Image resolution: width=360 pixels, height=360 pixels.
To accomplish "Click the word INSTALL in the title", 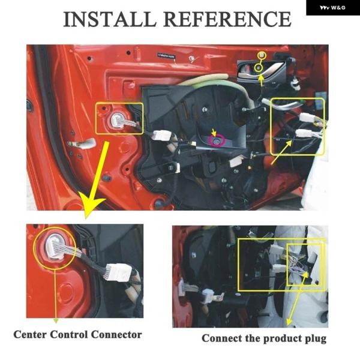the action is point(110,19).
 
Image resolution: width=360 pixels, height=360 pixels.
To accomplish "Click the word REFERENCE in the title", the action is point(227,19).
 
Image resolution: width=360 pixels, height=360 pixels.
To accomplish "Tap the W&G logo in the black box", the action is point(332,8).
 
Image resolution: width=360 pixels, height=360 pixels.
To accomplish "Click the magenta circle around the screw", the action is point(216,141).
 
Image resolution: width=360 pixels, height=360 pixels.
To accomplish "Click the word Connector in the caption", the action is point(116,335).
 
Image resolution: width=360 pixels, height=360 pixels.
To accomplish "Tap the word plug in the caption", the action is point(316,339).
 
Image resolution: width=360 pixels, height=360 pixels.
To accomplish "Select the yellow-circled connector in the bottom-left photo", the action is point(56,247).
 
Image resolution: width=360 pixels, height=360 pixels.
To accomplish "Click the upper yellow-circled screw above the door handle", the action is point(262,55).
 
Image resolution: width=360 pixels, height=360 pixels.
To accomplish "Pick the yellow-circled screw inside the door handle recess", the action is point(259,67).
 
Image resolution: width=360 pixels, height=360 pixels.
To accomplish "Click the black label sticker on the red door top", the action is point(166,56).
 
